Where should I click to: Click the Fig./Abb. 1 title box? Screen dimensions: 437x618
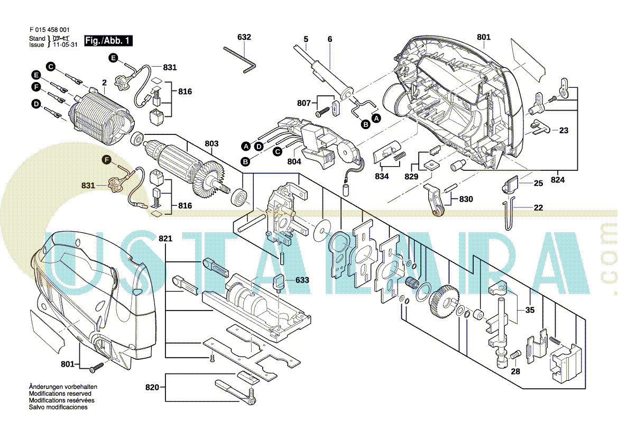click(109, 41)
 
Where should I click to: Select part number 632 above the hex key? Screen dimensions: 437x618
click(244, 37)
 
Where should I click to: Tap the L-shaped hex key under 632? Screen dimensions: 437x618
click(241, 57)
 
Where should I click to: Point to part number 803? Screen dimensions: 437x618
click(211, 143)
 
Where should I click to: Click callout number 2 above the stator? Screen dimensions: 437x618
click(104, 83)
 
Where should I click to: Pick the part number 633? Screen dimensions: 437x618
click(302, 279)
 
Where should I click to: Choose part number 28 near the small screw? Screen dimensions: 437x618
click(515, 371)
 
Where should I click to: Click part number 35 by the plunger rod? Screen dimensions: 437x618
click(529, 309)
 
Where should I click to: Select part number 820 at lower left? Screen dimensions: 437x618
click(152, 388)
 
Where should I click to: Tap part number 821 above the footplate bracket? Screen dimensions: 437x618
click(165, 239)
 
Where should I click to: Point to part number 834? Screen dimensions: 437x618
click(382, 176)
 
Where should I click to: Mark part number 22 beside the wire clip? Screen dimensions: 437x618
click(538, 208)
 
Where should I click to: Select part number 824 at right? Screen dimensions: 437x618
click(557, 180)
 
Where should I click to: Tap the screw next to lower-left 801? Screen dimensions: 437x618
click(96, 366)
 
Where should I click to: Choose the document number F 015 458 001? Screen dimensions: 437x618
click(49, 30)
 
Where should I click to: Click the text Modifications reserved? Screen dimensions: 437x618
click(60, 394)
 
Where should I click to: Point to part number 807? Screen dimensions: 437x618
click(303, 103)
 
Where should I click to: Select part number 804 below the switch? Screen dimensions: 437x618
click(294, 162)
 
